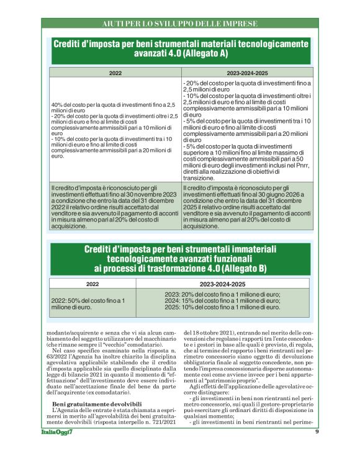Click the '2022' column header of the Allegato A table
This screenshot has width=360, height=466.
(x=115, y=73)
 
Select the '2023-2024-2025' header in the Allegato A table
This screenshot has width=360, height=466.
(x=248, y=73)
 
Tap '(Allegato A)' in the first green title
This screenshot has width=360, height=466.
(x=200, y=54)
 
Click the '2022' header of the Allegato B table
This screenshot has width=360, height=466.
(x=92, y=284)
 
